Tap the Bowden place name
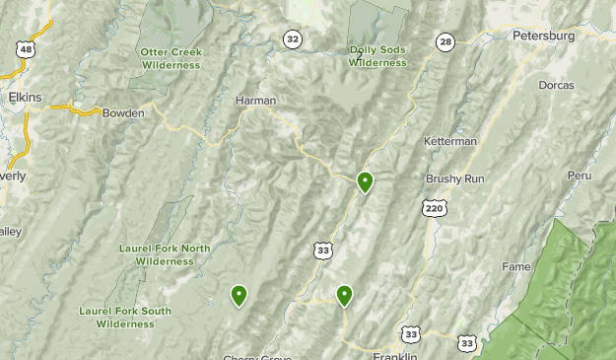[x=123, y=112]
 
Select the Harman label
[x=255, y=101]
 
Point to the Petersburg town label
[x=543, y=36]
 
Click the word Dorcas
[x=556, y=85]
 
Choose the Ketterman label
[x=449, y=141]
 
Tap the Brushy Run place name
[x=455, y=179]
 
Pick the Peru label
[x=579, y=176]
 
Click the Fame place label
[x=516, y=266]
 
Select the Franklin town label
[x=396, y=356]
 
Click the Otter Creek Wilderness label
[x=171, y=58]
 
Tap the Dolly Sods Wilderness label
[x=377, y=56]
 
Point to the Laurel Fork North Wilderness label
[x=165, y=254]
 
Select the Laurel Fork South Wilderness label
[x=125, y=317]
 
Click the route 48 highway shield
[x=26, y=48]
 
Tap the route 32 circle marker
[x=293, y=38]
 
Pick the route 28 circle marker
[x=445, y=41]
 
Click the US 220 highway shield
[x=434, y=208]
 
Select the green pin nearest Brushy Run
[x=366, y=182]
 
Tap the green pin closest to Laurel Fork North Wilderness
[x=239, y=295]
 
